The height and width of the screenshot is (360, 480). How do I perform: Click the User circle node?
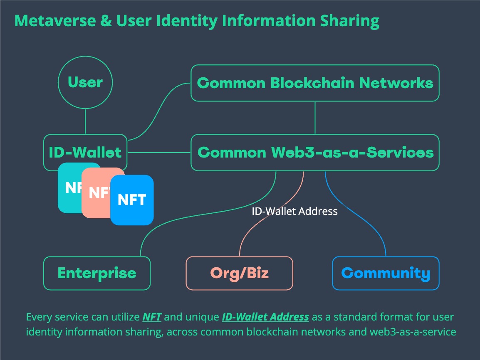click(x=85, y=82)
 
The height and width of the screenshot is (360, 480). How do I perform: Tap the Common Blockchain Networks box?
click(x=315, y=83)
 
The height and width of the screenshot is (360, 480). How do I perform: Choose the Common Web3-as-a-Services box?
click(x=315, y=153)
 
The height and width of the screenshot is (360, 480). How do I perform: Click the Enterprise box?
click(x=97, y=273)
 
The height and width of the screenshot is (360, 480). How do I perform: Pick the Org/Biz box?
click(x=239, y=273)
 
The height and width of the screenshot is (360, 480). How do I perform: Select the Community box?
click(x=386, y=273)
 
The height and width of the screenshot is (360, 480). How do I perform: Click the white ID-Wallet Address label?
click(x=294, y=211)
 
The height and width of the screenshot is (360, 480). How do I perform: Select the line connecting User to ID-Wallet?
click(x=85, y=121)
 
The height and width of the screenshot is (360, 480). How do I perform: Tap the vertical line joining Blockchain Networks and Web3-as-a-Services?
click(x=315, y=118)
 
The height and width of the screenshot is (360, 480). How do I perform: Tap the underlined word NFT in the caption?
click(x=152, y=317)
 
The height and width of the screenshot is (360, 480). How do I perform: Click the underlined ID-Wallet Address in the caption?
click(x=265, y=317)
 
